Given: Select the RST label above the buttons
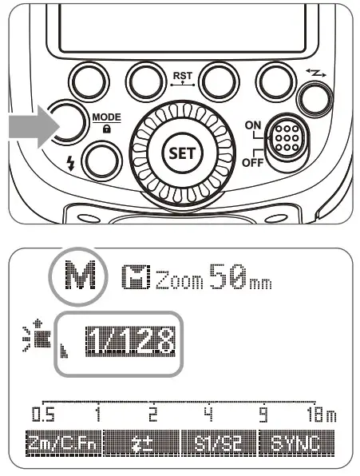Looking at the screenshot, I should [181, 73].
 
